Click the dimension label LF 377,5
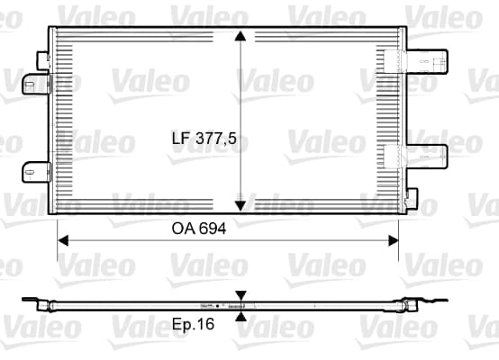(204, 139)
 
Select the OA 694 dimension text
(199, 229)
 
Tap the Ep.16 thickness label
(193, 324)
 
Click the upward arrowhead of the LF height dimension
(240, 36)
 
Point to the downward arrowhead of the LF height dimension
(240, 206)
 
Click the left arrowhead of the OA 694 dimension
(63, 240)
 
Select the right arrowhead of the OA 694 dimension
(394, 240)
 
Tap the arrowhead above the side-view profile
(241, 295)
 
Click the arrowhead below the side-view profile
(241, 316)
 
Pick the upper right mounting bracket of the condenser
(427, 61)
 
